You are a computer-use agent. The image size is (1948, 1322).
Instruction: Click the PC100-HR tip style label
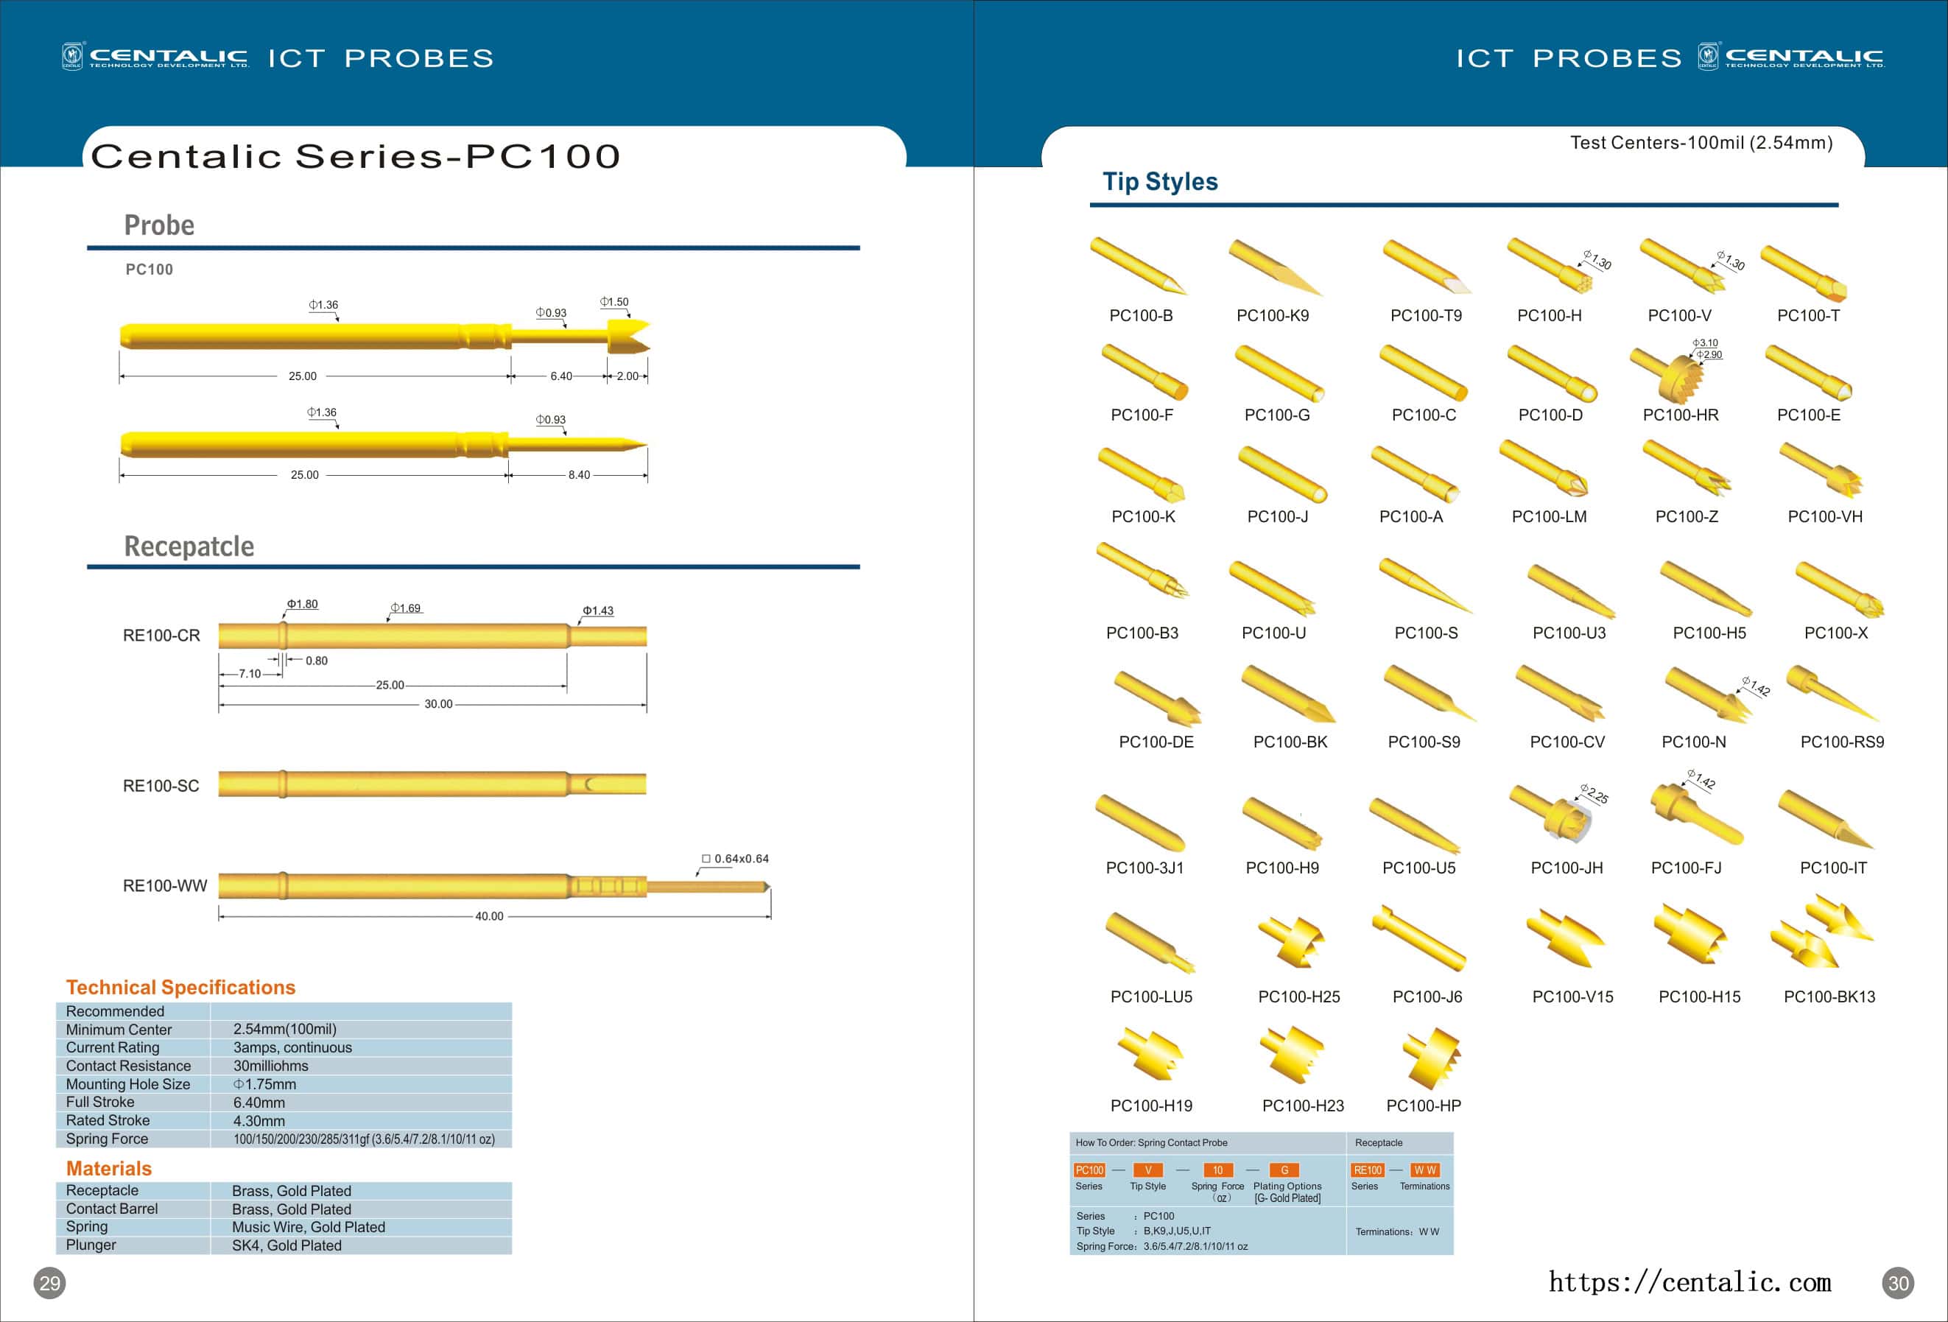[x=1680, y=415]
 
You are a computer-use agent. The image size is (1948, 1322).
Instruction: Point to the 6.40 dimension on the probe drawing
[x=560, y=376]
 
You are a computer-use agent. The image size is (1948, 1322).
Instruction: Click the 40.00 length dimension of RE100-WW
[x=489, y=916]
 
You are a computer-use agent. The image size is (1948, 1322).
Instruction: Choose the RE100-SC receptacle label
[x=161, y=786]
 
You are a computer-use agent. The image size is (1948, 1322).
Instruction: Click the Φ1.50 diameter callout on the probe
[x=614, y=302]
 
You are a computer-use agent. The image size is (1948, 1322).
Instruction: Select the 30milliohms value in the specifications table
[x=271, y=1066]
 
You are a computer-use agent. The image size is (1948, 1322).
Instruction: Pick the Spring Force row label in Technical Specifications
[x=108, y=1139]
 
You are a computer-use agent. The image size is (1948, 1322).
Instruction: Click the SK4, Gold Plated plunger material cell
[x=286, y=1245]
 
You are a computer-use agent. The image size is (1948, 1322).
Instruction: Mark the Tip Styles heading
[x=1159, y=182]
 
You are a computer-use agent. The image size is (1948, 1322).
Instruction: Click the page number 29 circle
[x=49, y=1283]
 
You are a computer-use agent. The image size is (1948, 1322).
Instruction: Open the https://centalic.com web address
[x=1689, y=1281]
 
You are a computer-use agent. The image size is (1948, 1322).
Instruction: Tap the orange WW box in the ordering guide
[x=1425, y=1170]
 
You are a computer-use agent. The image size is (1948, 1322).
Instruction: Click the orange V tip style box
[x=1147, y=1170]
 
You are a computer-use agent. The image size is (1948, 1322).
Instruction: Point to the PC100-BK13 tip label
[x=1829, y=996]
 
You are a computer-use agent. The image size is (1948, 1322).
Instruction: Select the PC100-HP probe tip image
[x=1432, y=1058]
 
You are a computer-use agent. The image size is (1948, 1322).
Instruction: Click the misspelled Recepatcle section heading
[x=189, y=546]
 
